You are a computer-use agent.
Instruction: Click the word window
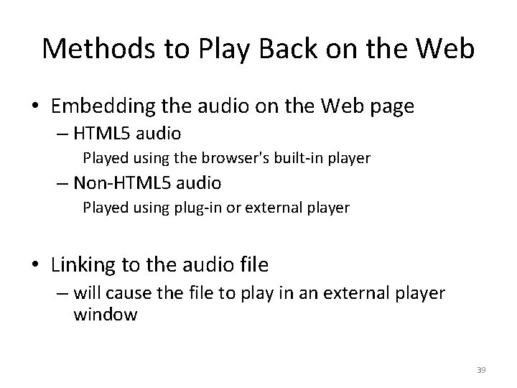click(105, 315)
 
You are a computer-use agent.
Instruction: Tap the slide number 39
click(481, 370)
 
